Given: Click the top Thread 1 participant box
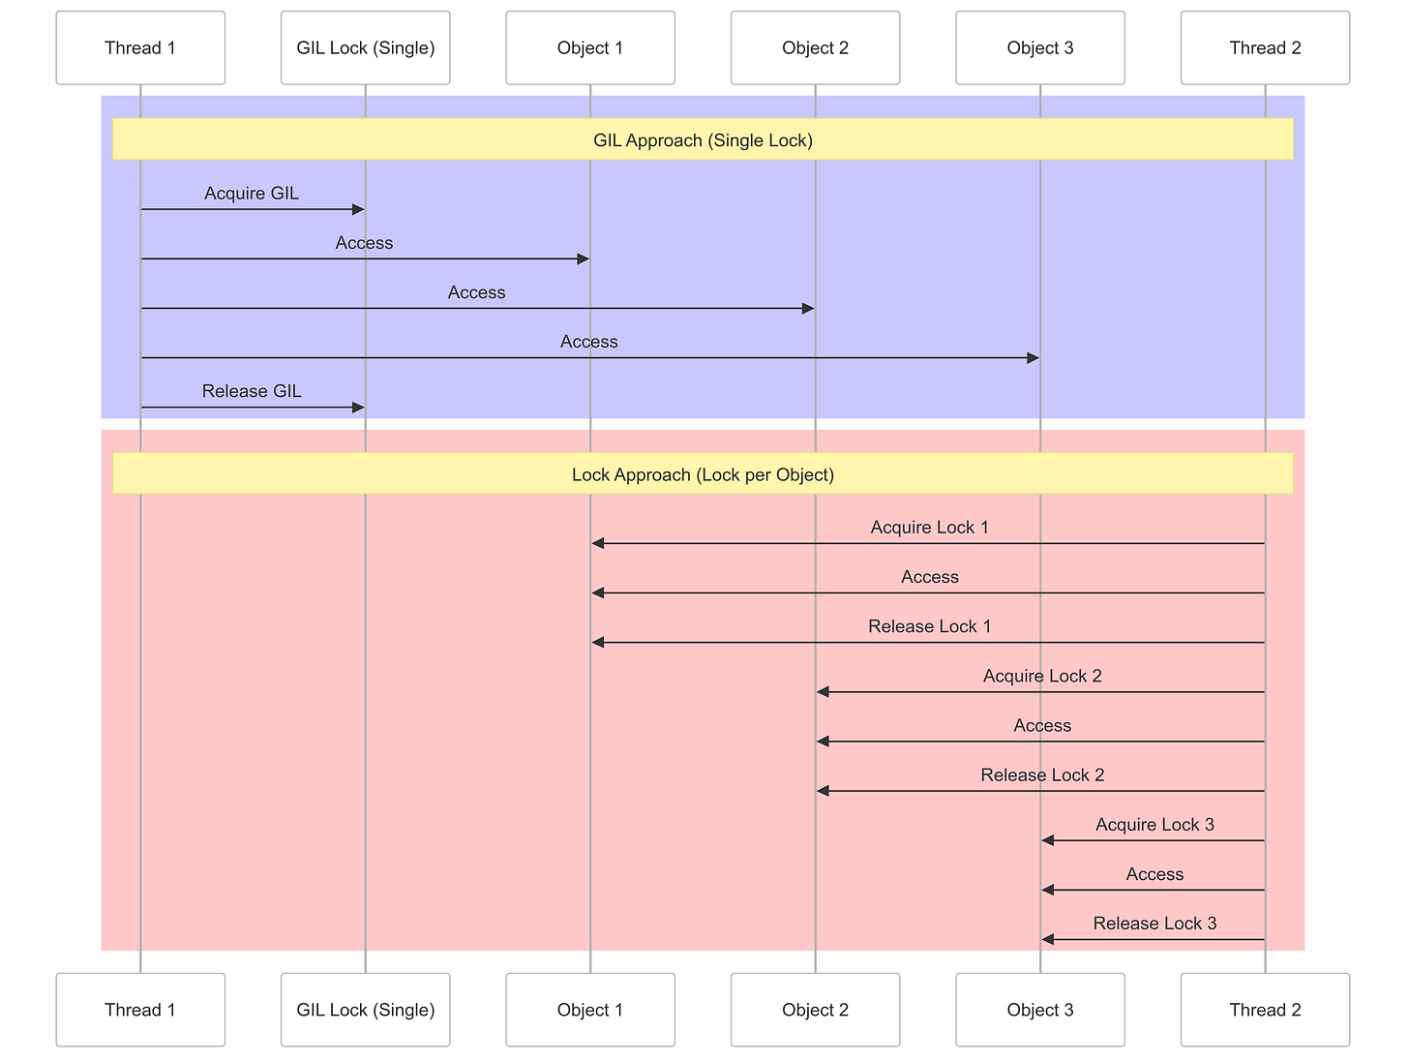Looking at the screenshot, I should pyautogui.click(x=140, y=48).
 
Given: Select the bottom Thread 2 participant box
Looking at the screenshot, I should pyautogui.click(x=1265, y=1010).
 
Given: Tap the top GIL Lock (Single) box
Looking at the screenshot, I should pyautogui.click(x=365, y=48).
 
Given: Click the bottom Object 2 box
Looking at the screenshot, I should pyautogui.click(x=815, y=1010).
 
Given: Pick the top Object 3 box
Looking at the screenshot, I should pyautogui.click(x=1040, y=48).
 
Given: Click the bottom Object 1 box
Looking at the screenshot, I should pyautogui.click(x=590, y=1010).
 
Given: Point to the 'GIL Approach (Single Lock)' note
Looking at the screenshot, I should pyautogui.click(x=703, y=139).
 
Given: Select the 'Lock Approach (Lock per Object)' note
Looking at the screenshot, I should pyautogui.click(x=703, y=474).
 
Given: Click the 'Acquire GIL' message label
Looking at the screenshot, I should pyautogui.click(x=252, y=194).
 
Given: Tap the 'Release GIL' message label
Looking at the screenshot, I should pyautogui.click(x=252, y=391).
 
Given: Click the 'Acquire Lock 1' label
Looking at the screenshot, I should pyautogui.click(x=929, y=528).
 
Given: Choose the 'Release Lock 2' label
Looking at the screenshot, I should pyautogui.click(x=1042, y=775).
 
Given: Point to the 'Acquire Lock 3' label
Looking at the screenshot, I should pyautogui.click(x=1154, y=825).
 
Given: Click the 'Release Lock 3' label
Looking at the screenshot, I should pyautogui.click(x=1154, y=924).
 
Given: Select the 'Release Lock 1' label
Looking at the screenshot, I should pyautogui.click(x=929, y=626).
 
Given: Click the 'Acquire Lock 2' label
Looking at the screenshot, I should pyautogui.click(x=1042, y=676).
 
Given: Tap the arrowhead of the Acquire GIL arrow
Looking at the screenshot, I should pyautogui.click(x=358, y=209).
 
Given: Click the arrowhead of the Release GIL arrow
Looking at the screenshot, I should pyautogui.click(x=358, y=408).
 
